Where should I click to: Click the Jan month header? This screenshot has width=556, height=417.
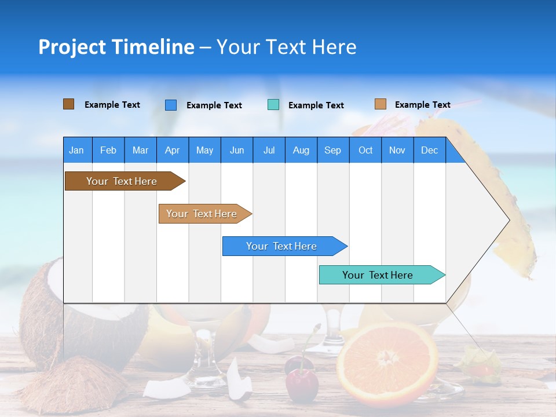tap(76, 150)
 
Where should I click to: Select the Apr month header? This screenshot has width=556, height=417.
tap(172, 150)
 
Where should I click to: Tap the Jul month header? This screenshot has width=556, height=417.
tap(269, 150)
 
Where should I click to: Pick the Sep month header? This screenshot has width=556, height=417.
tap(332, 150)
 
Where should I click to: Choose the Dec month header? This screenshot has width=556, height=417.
tap(429, 150)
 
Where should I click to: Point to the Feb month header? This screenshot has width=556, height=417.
tap(108, 150)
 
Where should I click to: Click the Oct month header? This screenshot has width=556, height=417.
tap(365, 150)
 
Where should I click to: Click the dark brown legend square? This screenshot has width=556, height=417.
tap(69, 104)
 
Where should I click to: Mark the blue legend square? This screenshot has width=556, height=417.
tap(171, 105)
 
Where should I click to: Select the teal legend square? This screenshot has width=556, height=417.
tap(273, 105)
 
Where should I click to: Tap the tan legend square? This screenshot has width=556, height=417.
tap(381, 104)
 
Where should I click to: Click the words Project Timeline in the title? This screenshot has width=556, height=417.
tap(116, 47)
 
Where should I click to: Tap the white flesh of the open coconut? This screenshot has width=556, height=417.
tap(55, 284)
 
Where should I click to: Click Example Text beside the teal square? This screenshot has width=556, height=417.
tap(316, 105)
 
